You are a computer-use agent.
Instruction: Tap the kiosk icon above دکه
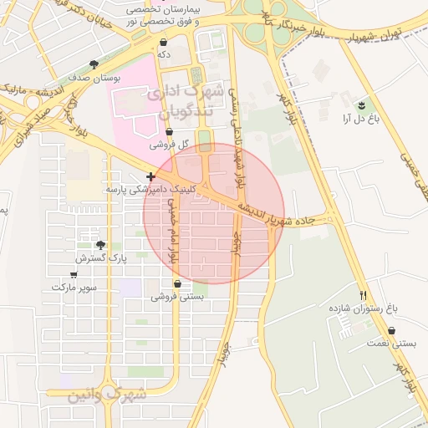click(163, 41)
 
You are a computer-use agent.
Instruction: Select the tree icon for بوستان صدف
click(94, 64)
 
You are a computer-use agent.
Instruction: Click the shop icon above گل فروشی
click(170, 132)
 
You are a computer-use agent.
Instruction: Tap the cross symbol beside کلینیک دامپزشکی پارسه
click(150, 176)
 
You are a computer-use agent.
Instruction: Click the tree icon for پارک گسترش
click(101, 245)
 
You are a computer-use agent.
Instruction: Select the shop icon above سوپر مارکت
click(74, 274)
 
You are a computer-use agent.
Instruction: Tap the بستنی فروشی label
click(177, 297)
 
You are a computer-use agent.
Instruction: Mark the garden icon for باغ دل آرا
click(360, 105)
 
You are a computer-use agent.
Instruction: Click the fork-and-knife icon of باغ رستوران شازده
click(363, 294)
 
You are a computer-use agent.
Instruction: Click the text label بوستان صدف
click(94, 77)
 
